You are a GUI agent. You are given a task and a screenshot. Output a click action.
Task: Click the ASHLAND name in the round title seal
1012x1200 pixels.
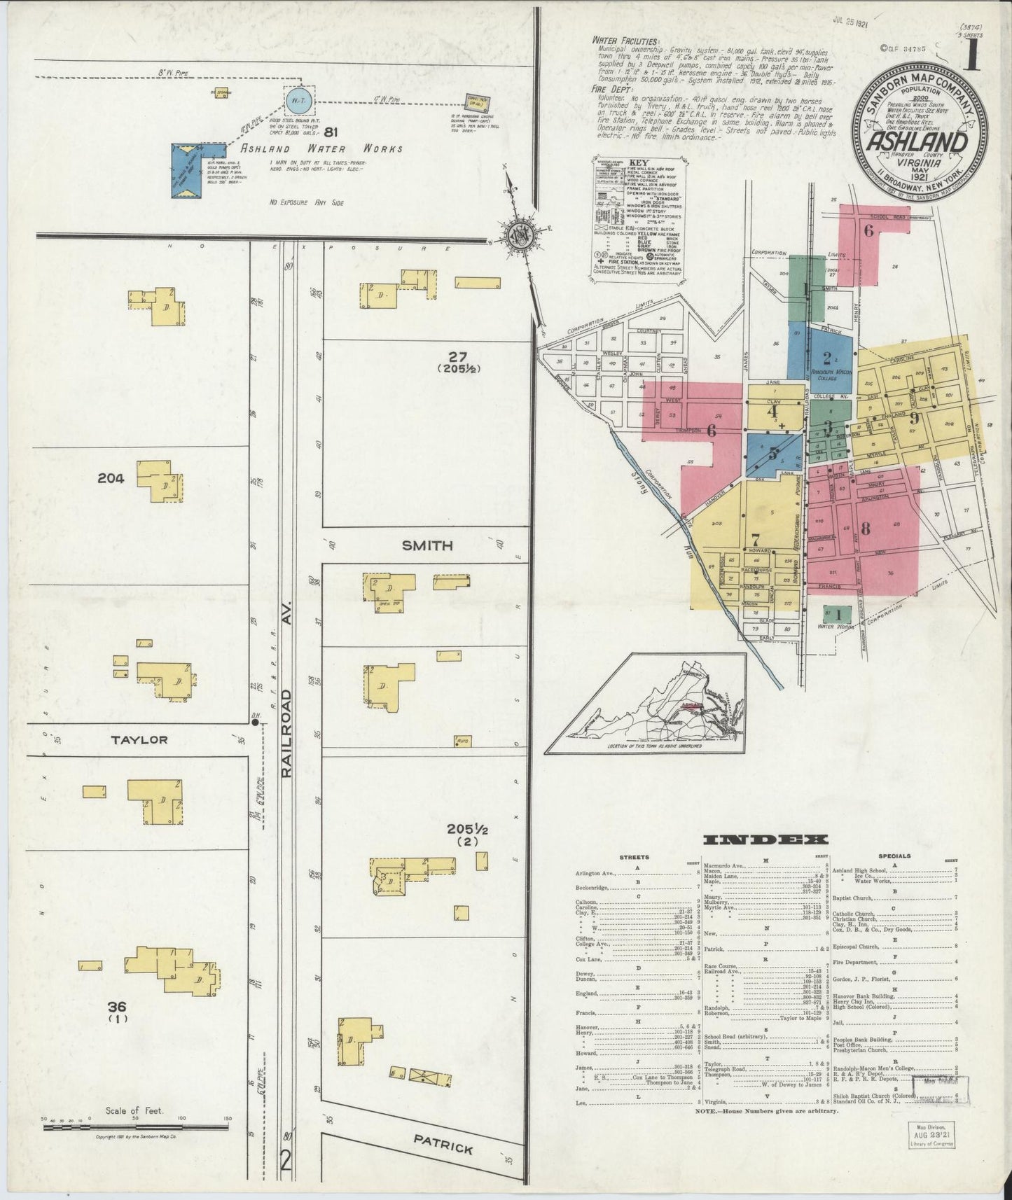click(x=920, y=142)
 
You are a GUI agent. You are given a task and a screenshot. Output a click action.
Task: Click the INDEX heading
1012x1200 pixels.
click(x=766, y=840)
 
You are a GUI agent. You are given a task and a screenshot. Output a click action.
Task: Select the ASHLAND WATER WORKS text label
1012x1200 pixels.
click(x=321, y=148)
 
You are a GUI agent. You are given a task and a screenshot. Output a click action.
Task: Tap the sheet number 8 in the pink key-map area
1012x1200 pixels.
click(x=865, y=529)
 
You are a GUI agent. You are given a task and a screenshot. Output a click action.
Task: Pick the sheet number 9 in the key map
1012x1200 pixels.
click(x=914, y=419)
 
